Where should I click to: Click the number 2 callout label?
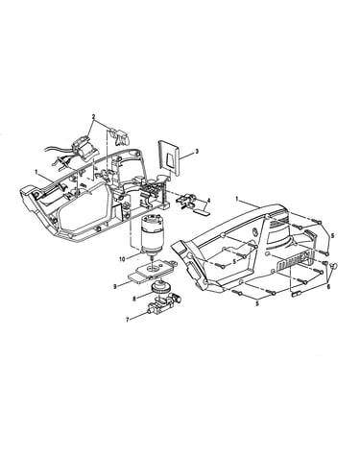coord(93,117)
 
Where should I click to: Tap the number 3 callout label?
coord(197,151)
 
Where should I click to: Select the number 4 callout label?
coord(208,201)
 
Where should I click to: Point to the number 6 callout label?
coord(328,287)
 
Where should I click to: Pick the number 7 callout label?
coord(128,320)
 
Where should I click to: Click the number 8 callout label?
coord(134,299)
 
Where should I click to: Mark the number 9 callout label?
coord(115,287)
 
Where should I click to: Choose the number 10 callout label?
coord(122,259)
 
